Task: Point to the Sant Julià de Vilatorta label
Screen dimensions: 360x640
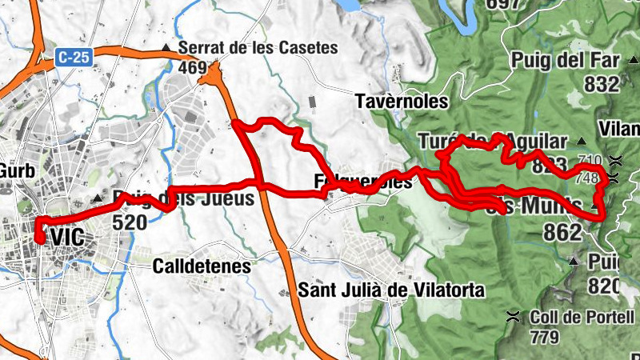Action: (391, 290)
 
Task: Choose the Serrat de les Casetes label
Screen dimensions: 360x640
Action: (258, 48)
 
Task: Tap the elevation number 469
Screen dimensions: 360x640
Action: (193, 69)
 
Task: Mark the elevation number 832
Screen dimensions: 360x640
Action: (602, 84)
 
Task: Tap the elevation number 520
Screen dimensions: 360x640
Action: (130, 222)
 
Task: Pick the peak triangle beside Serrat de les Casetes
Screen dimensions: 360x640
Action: (166, 48)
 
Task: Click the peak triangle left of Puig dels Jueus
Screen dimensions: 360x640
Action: (99, 198)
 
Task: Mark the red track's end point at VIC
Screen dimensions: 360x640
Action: (39, 238)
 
